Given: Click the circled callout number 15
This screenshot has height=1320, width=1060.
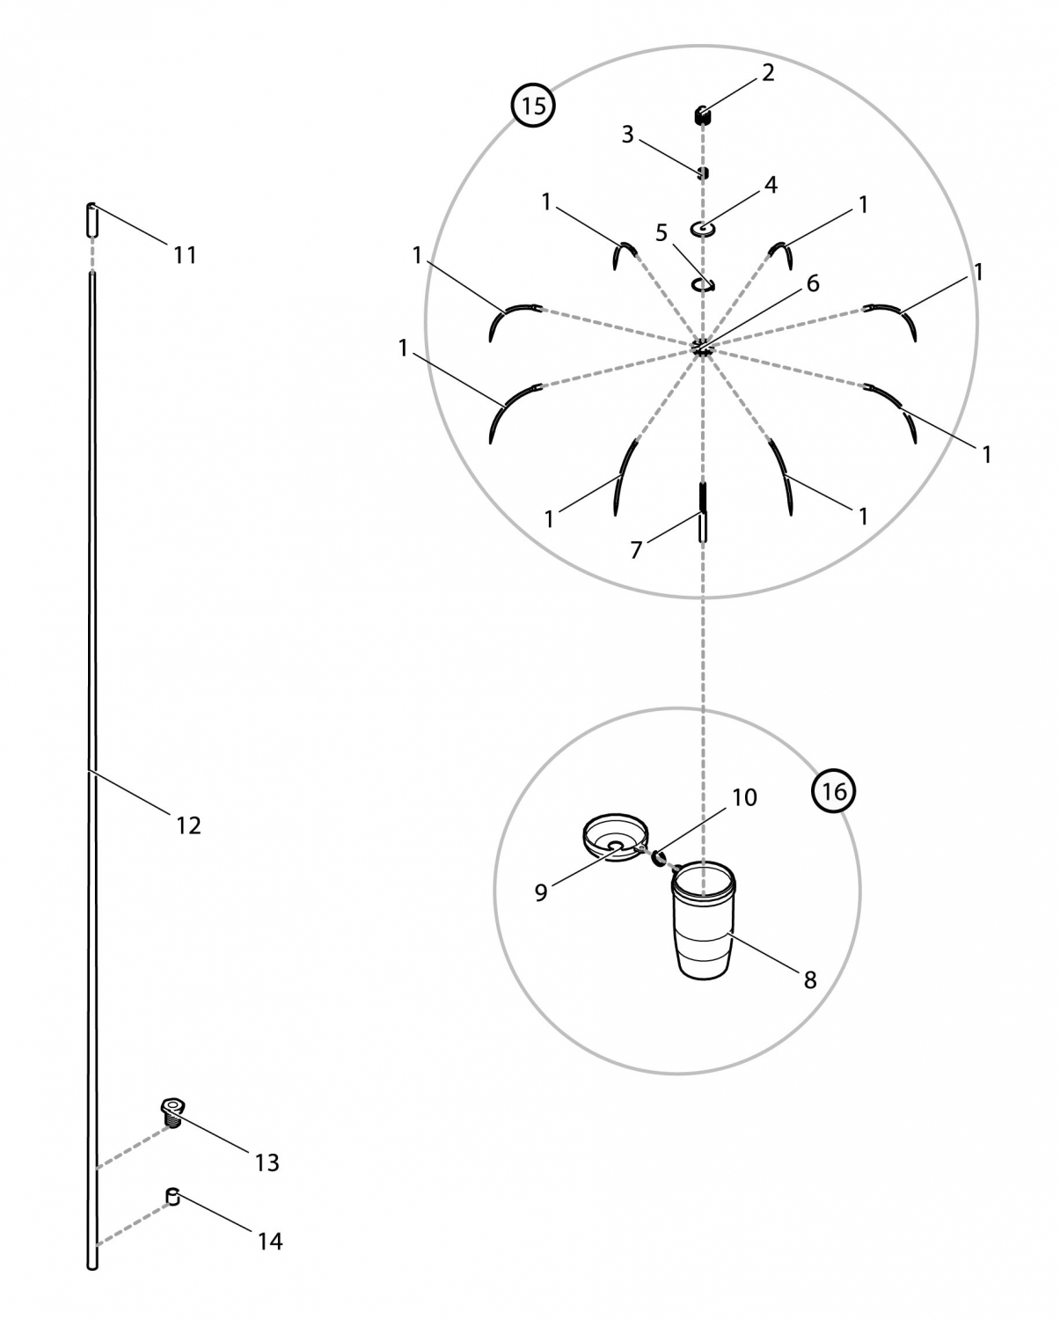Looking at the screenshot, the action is (x=533, y=106).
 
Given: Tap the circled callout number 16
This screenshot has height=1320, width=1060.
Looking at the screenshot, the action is (x=833, y=791).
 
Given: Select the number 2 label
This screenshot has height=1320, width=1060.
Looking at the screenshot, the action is (x=768, y=72).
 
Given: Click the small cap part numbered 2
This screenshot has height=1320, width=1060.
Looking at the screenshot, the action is (x=701, y=114).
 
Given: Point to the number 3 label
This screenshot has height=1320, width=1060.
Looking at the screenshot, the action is (x=627, y=135).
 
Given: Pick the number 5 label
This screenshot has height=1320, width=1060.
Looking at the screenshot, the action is (x=661, y=233).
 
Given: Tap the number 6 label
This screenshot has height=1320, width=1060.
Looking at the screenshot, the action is (x=812, y=282).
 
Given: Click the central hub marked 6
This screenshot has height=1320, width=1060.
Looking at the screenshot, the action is (x=703, y=348).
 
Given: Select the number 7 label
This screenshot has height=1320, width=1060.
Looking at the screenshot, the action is (x=636, y=550).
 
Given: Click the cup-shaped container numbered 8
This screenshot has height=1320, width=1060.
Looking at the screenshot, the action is (x=703, y=920).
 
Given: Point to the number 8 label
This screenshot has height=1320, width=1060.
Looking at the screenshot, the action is (x=810, y=980).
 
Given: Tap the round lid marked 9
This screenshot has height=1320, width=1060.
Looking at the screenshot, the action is (x=615, y=837).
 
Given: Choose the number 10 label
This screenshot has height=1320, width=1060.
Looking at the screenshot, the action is (x=744, y=797).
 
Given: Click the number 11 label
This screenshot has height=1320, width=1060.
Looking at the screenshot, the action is (x=185, y=254).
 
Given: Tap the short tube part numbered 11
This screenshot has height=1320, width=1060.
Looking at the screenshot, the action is (x=91, y=220).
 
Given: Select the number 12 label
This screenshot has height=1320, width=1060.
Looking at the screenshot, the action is (x=188, y=825).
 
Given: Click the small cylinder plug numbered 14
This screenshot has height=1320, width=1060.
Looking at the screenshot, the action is (x=173, y=1196).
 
